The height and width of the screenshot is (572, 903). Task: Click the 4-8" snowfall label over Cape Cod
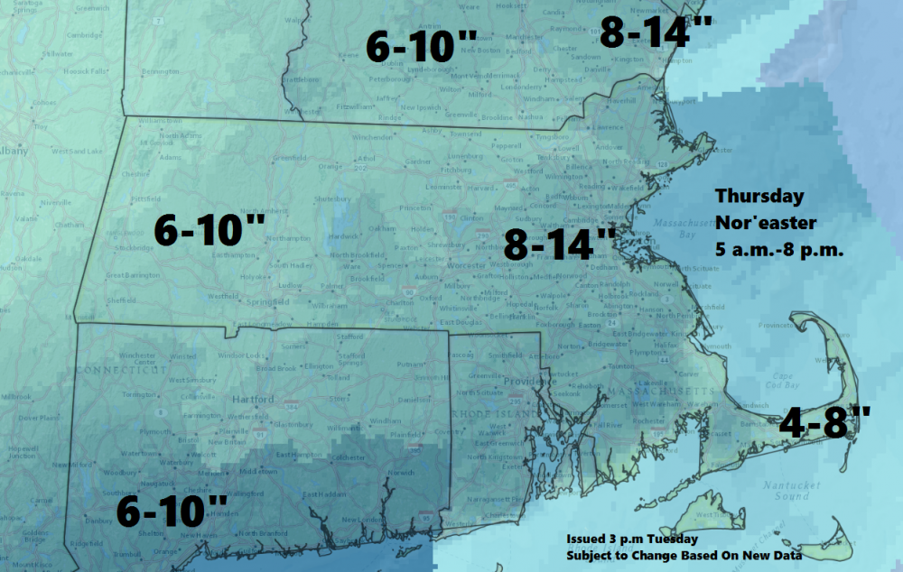pos(823,420)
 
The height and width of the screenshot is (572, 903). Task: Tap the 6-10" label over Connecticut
pos(172,512)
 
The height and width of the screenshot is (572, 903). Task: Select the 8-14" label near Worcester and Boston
pos(560,244)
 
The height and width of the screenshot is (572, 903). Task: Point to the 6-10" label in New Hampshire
pos(421,46)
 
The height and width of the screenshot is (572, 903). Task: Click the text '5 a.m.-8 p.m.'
pos(777,251)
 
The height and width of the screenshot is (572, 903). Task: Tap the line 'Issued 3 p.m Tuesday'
pos(632,539)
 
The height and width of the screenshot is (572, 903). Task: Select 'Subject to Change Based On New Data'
pos(684,555)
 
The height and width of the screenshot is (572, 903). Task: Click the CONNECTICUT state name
pos(123,370)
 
